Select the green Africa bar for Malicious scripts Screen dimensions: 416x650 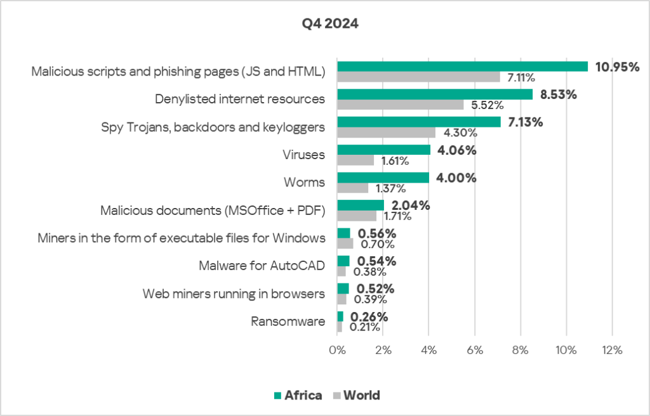pos(462,67)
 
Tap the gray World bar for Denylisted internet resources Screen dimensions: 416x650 pos(400,105)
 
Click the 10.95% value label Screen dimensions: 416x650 pos(616,67)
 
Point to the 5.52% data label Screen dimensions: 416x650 pos(487,105)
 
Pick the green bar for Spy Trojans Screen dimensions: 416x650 pos(418,122)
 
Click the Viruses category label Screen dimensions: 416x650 pos(303,155)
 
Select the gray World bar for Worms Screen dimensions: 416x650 pos(352,188)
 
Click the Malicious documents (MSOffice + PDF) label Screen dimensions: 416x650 pos(213,211)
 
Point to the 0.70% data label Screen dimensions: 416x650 pos(377,244)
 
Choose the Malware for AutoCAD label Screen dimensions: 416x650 pos(262,266)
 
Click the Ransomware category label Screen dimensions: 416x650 pos(288,322)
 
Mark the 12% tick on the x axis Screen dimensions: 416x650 pos(612,350)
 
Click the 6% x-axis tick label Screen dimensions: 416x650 pos(475,350)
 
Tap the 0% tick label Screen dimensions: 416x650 pos(337,350)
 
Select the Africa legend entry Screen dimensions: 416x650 pos(298,396)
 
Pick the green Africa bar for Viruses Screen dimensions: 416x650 pos(383,150)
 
